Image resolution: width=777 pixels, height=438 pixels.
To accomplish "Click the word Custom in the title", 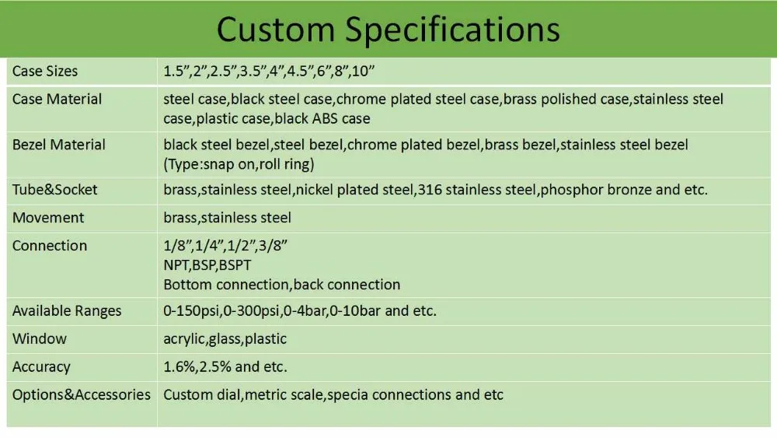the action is coord(276,29).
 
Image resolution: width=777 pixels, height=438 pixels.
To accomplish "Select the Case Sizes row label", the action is coord(45,71).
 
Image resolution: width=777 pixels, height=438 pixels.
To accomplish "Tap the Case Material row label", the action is coord(57,99).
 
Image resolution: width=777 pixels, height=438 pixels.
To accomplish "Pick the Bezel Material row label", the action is coord(59,145).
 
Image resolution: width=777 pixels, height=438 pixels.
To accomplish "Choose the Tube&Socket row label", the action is coord(55,190).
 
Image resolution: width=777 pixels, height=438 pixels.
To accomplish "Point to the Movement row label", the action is coord(48,217).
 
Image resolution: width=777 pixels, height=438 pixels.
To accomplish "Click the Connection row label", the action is coord(50,246).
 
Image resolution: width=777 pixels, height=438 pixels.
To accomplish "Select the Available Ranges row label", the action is coord(67,311).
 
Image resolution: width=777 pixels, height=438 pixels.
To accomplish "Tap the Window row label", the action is coord(40,338).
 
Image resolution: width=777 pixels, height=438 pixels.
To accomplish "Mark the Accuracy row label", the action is coord(42,366).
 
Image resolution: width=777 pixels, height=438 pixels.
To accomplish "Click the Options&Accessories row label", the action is coord(82,394).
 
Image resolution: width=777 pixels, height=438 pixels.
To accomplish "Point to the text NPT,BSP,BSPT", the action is coord(207,265).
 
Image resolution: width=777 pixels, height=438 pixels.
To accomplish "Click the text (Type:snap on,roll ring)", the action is coord(239,164).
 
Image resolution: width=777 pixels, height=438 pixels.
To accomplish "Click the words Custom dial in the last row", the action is coord(202,394).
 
